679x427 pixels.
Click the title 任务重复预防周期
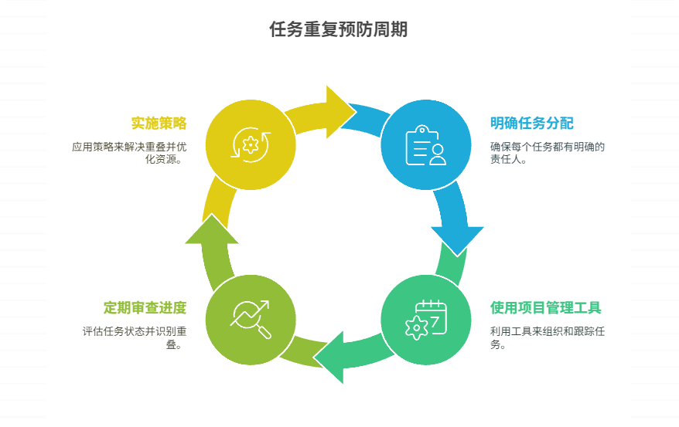pyautogui.click(x=339, y=29)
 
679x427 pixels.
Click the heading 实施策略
pyautogui.click(x=159, y=124)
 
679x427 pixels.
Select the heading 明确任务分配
pyautogui.click(x=531, y=124)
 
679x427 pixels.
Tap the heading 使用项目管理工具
pyautogui.click(x=545, y=308)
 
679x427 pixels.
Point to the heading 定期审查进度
pyautogui.click(x=145, y=308)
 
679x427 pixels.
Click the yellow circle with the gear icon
pyautogui.click(x=251, y=144)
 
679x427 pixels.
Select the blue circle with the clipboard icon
pyautogui.click(x=425, y=144)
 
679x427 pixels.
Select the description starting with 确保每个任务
pyautogui.click(x=547, y=153)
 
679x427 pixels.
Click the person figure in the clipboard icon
pyautogui.click(x=438, y=154)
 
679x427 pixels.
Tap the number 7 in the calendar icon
pyautogui.click(x=436, y=318)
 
